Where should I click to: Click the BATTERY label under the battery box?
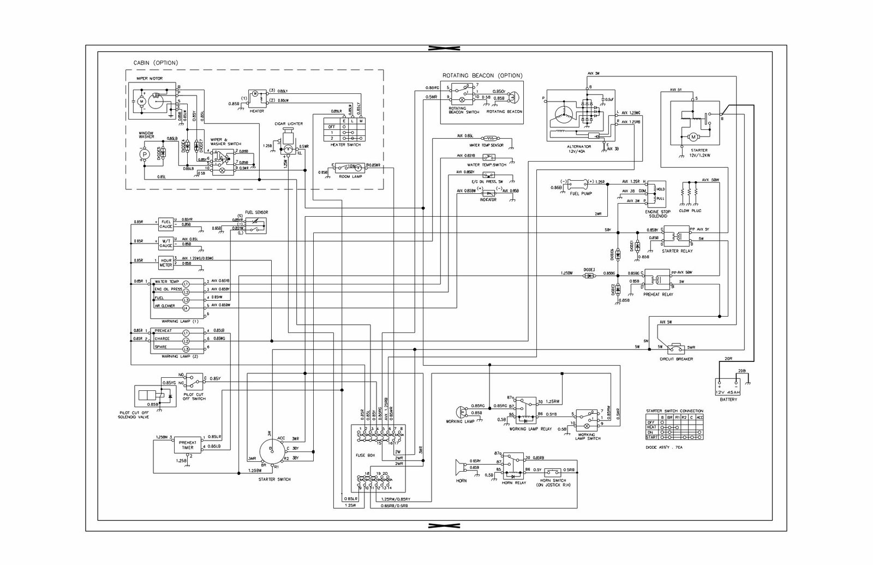point(728,399)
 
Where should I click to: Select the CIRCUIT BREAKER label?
point(676,359)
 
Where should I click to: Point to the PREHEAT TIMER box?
point(187,444)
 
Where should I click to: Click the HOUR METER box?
point(165,263)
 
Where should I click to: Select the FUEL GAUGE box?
point(165,223)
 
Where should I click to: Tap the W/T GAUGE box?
point(165,243)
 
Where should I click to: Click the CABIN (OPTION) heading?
point(156,63)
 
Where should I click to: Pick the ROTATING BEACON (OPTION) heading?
point(481,75)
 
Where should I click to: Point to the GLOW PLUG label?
point(690,210)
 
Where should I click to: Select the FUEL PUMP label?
point(580,194)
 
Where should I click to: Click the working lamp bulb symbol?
point(461,410)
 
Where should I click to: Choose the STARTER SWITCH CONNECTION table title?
point(674,411)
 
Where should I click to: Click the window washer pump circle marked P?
point(145,154)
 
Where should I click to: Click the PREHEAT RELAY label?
point(659,294)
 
